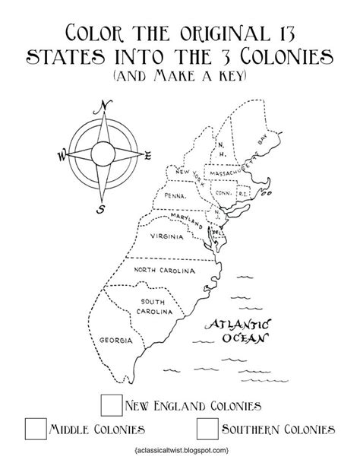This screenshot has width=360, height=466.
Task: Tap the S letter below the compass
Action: [x=99, y=208]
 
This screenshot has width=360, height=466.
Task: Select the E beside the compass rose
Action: [x=148, y=155]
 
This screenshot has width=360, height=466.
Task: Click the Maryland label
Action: [x=184, y=217]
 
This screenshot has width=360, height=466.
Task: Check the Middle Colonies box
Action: [x=35, y=428]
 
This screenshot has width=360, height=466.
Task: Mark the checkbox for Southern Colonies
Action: [x=206, y=429]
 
